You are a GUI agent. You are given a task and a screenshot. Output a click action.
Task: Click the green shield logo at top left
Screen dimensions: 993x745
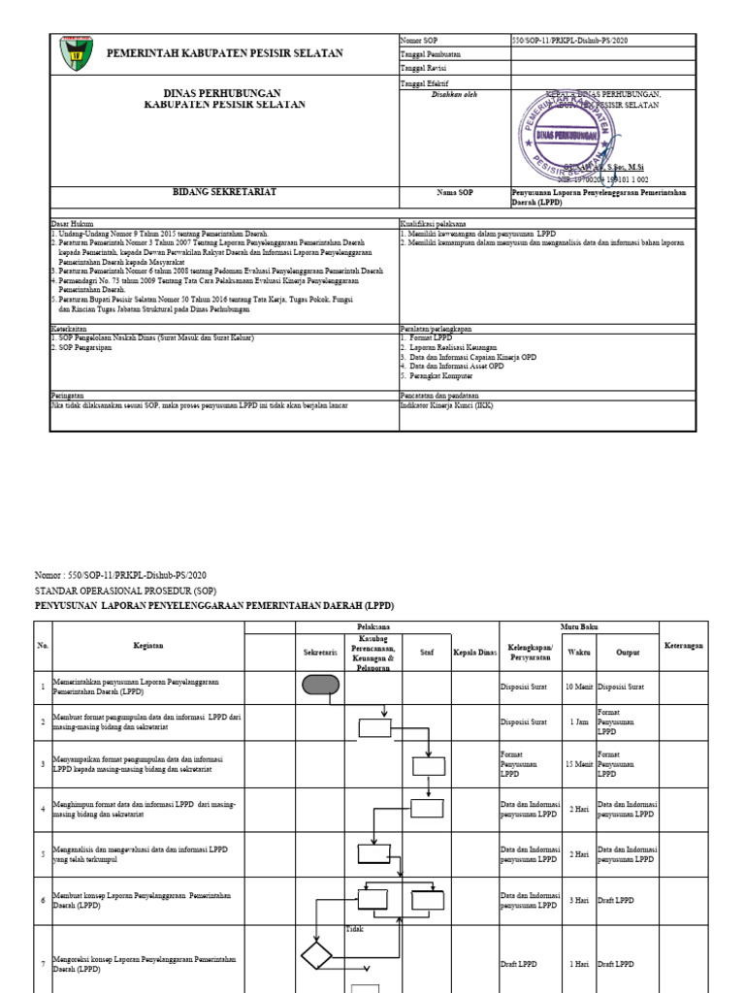[x=73, y=54]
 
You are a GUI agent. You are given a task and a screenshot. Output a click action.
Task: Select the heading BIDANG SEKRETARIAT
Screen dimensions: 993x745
[x=224, y=193]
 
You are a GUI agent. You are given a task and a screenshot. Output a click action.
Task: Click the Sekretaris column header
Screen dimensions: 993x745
[x=320, y=654]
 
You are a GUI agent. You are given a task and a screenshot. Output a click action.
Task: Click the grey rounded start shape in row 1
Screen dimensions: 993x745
[x=320, y=687]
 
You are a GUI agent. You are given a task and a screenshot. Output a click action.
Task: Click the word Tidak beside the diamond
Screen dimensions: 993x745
[x=354, y=930]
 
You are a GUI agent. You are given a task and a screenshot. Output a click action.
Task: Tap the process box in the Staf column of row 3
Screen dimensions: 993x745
[x=427, y=766]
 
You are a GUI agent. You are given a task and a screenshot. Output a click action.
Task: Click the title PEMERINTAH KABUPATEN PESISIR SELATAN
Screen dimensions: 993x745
[x=224, y=53]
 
